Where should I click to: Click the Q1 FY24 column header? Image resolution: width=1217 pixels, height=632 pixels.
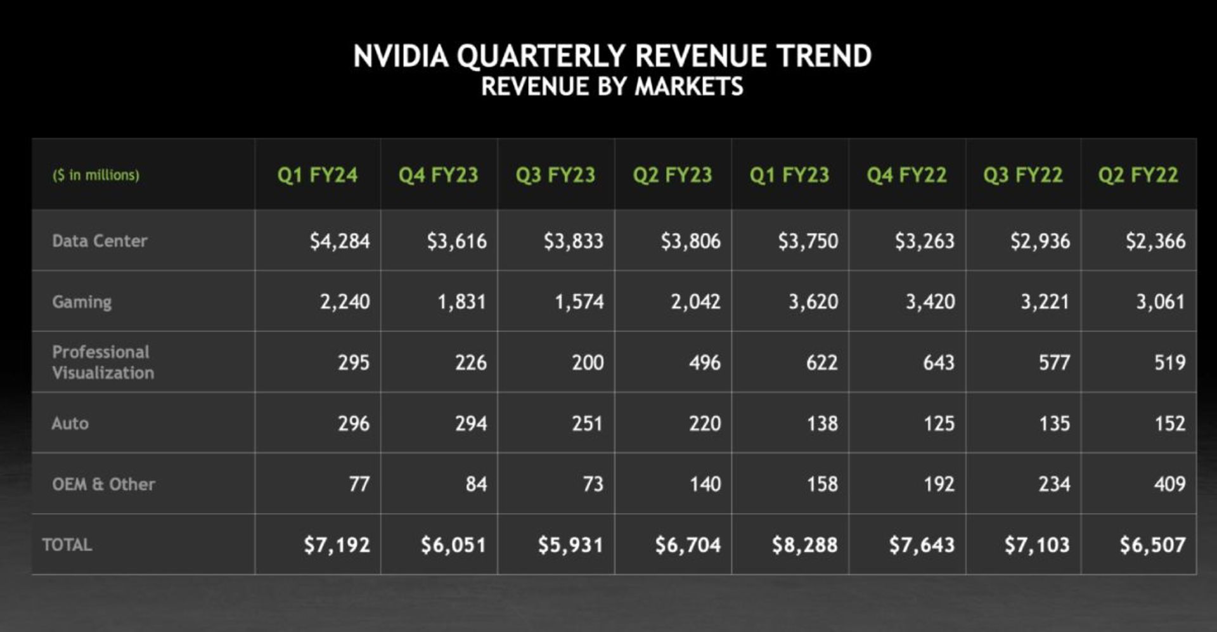317,175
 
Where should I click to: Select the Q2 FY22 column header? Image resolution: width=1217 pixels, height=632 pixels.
1138,175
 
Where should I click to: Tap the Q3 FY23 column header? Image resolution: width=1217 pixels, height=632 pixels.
555,175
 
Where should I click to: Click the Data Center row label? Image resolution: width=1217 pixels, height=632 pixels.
100,241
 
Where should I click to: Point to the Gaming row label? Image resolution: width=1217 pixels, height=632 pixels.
82,302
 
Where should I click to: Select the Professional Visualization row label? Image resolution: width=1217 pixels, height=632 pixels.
103,362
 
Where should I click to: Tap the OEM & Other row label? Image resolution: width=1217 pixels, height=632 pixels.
103,484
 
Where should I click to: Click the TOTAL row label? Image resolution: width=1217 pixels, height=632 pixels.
67,545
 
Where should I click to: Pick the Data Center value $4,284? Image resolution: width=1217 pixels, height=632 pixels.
340,241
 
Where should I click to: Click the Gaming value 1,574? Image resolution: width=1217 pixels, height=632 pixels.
579,302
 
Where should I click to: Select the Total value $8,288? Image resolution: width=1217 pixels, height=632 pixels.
804,545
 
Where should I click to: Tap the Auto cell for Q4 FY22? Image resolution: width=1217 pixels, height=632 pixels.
938,423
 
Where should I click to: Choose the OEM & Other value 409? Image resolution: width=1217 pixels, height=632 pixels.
1169,484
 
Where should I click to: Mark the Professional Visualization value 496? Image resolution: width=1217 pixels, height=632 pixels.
705,363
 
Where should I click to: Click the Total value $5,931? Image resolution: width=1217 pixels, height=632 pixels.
570,545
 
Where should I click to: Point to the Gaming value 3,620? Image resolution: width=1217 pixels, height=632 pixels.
813,302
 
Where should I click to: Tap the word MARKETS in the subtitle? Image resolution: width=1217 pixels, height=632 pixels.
689,86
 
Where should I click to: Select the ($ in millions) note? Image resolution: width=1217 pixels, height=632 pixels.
96,175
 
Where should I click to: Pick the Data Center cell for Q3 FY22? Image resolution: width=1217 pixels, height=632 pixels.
1040,241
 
